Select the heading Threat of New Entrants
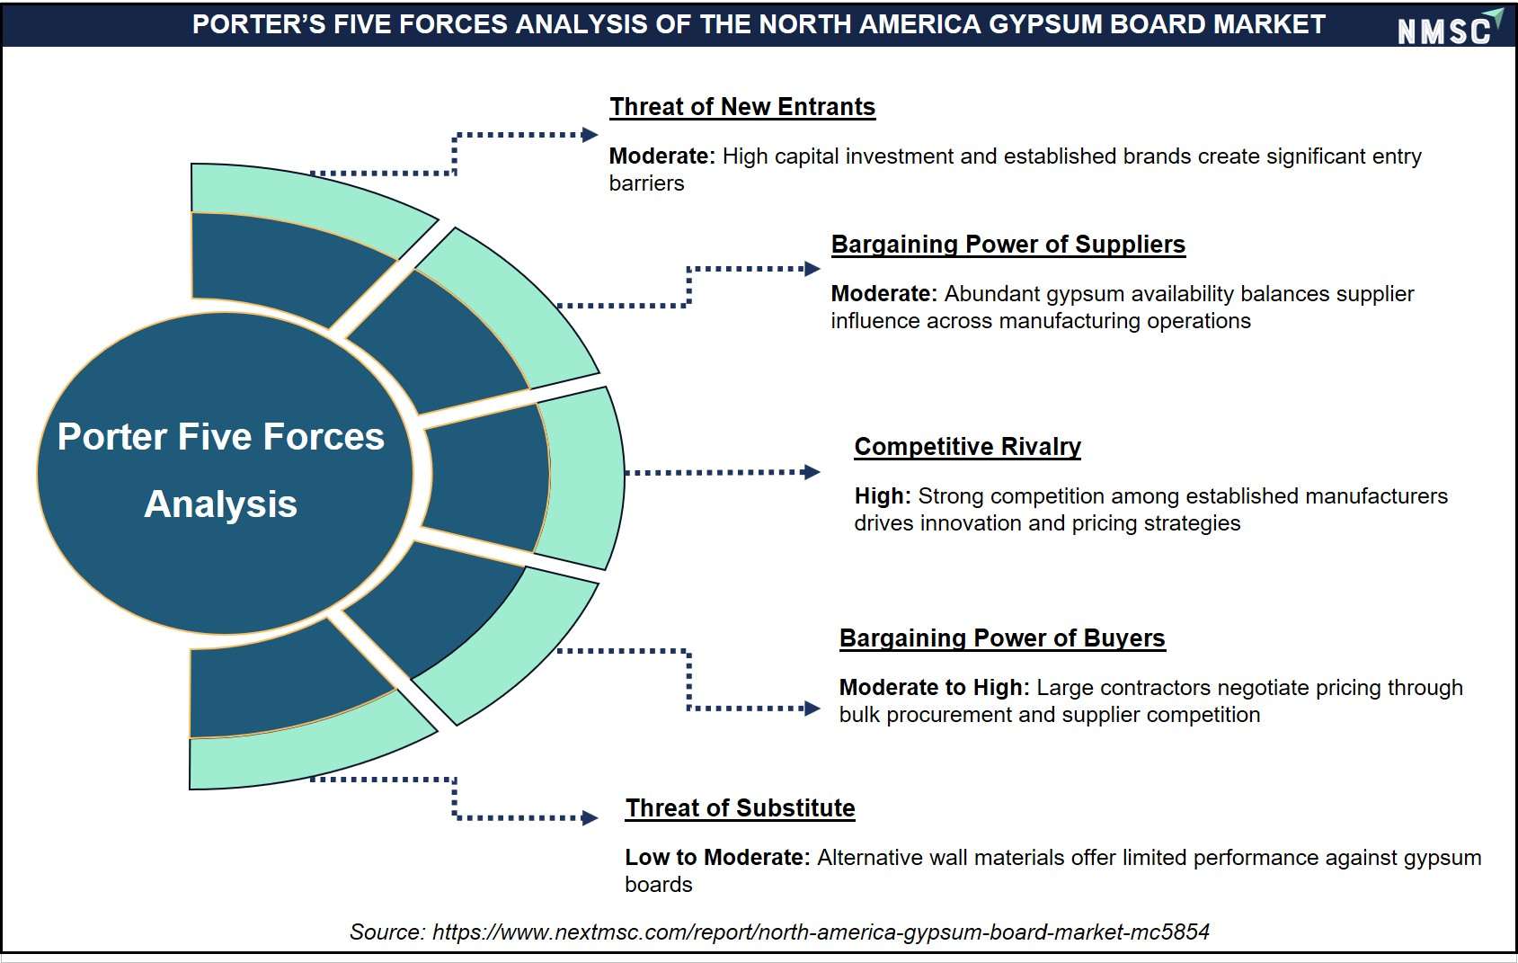pos(742,107)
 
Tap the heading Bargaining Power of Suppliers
pos(1008,245)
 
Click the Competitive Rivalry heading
pos(967,447)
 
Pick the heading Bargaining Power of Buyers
pos(1001,638)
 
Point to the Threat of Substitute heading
pos(740,808)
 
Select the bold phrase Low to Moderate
pos(717,857)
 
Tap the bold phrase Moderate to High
pos(934,688)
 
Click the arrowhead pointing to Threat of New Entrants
pos(590,135)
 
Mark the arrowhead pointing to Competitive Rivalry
pos(812,472)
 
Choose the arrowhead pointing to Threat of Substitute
pos(590,818)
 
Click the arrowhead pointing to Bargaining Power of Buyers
pos(812,709)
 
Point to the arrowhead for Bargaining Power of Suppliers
pos(812,269)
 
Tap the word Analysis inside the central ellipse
pos(221,504)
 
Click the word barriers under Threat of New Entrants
pos(646,183)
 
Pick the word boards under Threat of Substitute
pos(659,885)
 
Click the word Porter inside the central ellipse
pos(112,437)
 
